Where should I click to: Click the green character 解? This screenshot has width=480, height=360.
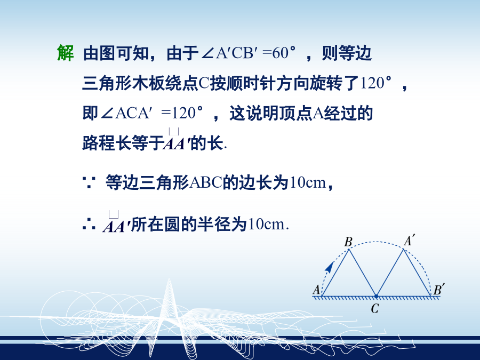coord(66,53)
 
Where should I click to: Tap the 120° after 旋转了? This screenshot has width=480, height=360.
coord(375,83)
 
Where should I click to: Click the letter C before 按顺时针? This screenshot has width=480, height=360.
coord(204,83)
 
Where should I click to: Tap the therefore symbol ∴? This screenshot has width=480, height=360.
coord(89,225)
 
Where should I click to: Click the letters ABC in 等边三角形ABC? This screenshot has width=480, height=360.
coord(206,182)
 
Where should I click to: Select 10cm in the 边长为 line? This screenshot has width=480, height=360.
coord(308,182)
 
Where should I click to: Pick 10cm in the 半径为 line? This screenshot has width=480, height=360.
coord(267,225)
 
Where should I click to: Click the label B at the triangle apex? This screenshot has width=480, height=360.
coord(348,242)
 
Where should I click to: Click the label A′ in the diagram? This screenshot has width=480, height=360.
coord(410,240)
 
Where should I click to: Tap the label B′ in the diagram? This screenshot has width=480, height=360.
coord(439,289)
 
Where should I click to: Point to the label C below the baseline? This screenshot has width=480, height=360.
coord(375,308)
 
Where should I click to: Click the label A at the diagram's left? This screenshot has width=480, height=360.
coord(316,289)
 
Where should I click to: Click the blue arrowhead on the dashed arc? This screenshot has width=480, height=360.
coord(330,267)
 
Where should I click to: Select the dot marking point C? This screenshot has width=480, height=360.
coord(376,296)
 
